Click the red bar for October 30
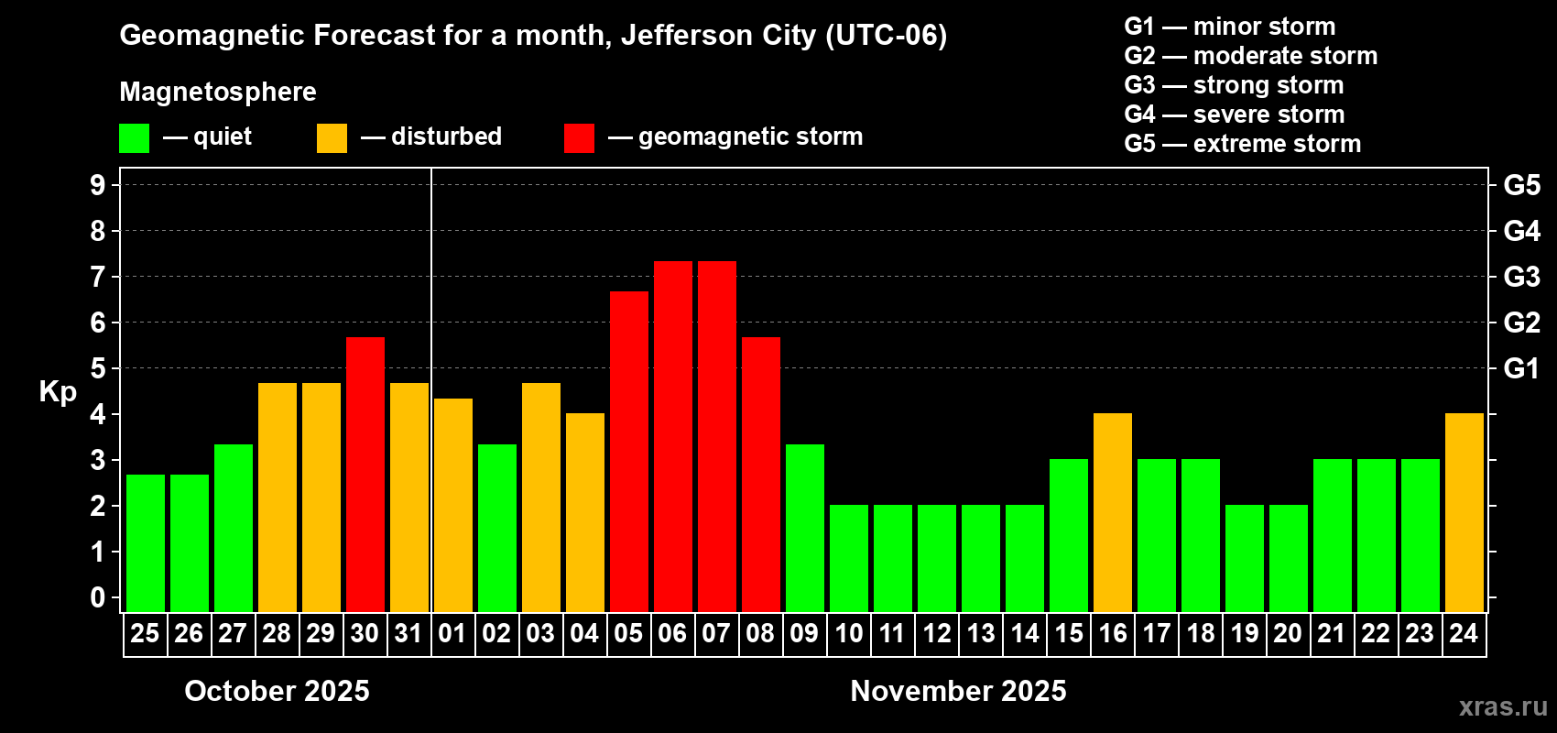coord(365,474)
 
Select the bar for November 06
coord(673,436)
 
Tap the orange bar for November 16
coord(1113,512)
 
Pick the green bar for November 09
coord(805,528)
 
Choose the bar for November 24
coord(1464,512)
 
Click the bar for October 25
coord(146,542)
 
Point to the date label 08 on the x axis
coord(760,634)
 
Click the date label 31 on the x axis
coord(408,634)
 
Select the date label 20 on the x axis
coord(1288,634)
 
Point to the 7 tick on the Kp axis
coord(98,277)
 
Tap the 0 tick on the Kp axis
coord(98,598)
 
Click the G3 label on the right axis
coord(1521,277)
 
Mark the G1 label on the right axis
coord(1521,368)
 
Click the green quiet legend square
coord(135,138)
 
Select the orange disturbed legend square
coord(332,138)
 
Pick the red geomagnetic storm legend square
coord(579,138)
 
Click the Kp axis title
coord(58,392)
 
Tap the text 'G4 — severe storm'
coord(1234,115)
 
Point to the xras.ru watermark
coord(1503,706)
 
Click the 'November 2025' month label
coord(958,691)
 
